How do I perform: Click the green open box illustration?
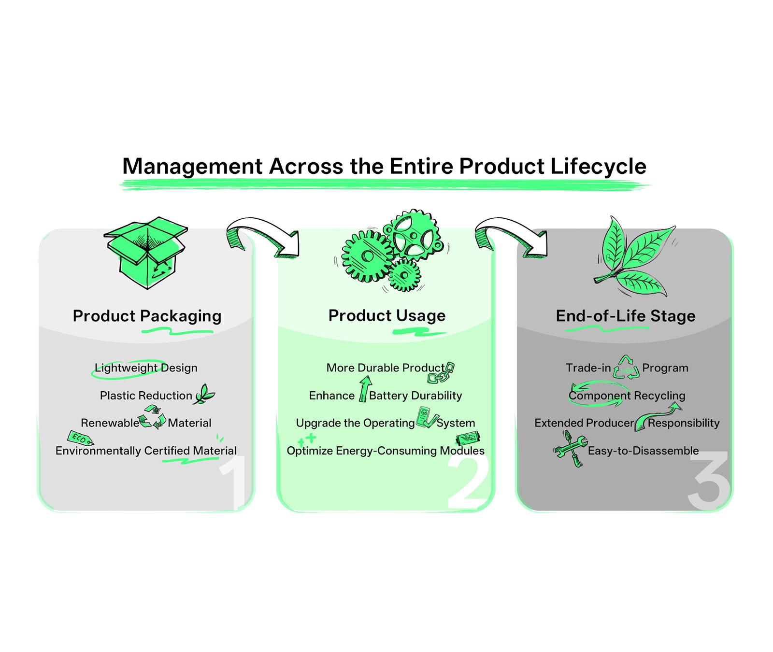point(146,252)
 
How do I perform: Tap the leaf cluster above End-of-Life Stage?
point(633,256)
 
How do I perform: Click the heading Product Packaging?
point(147,316)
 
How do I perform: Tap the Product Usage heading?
point(386,315)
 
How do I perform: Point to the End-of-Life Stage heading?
point(626,316)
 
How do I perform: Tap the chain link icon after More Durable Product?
point(442,373)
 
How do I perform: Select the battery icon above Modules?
point(468,439)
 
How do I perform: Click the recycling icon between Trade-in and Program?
point(626,368)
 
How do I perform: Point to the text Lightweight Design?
point(146,368)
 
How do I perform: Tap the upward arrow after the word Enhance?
point(365,389)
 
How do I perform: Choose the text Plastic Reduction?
point(146,396)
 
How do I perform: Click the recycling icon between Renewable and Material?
point(153,417)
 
